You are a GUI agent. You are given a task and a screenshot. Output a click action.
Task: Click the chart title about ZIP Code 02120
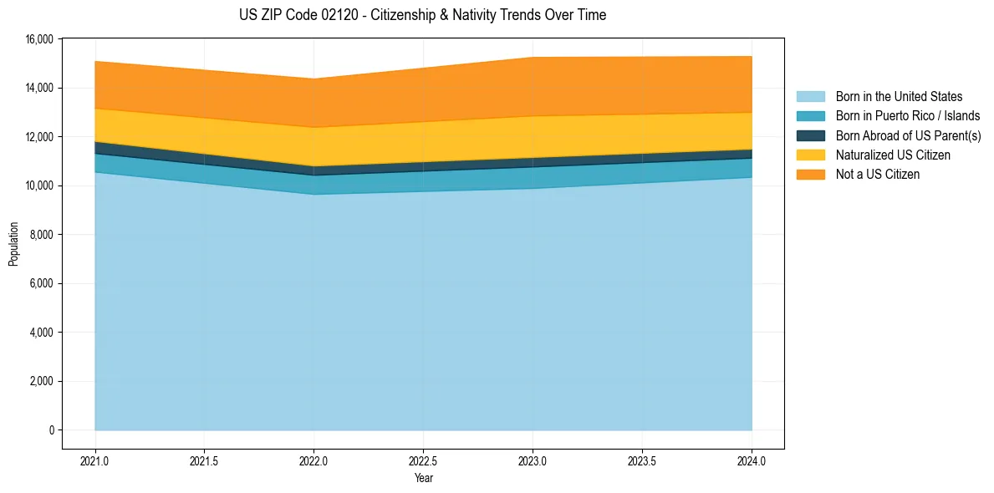point(422,15)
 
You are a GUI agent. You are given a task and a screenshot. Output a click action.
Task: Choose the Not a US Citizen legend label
point(877,175)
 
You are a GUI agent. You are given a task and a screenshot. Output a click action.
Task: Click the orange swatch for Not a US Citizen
point(810,175)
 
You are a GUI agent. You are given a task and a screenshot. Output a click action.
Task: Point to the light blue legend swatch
point(810,97)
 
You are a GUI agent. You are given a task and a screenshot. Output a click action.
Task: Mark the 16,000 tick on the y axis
point(38,39)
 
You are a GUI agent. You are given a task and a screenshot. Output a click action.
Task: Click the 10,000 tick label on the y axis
point(38,186)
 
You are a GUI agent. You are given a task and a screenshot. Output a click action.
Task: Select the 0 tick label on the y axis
point(51,430)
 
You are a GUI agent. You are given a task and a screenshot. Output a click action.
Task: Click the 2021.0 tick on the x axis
point(95,460)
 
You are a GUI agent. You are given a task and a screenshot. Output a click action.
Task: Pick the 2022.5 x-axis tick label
point(423,460)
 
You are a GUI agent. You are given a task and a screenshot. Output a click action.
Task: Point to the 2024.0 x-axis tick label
point(752,460)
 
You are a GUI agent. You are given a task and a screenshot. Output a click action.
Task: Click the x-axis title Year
point(423,478)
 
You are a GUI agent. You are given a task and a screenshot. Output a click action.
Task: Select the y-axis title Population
point(13,244)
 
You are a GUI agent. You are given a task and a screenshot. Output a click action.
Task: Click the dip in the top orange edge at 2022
point(313,79)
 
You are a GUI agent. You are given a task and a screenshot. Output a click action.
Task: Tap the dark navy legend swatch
point(810,135)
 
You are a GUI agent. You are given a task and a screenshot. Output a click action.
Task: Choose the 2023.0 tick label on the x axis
point(533,460)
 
